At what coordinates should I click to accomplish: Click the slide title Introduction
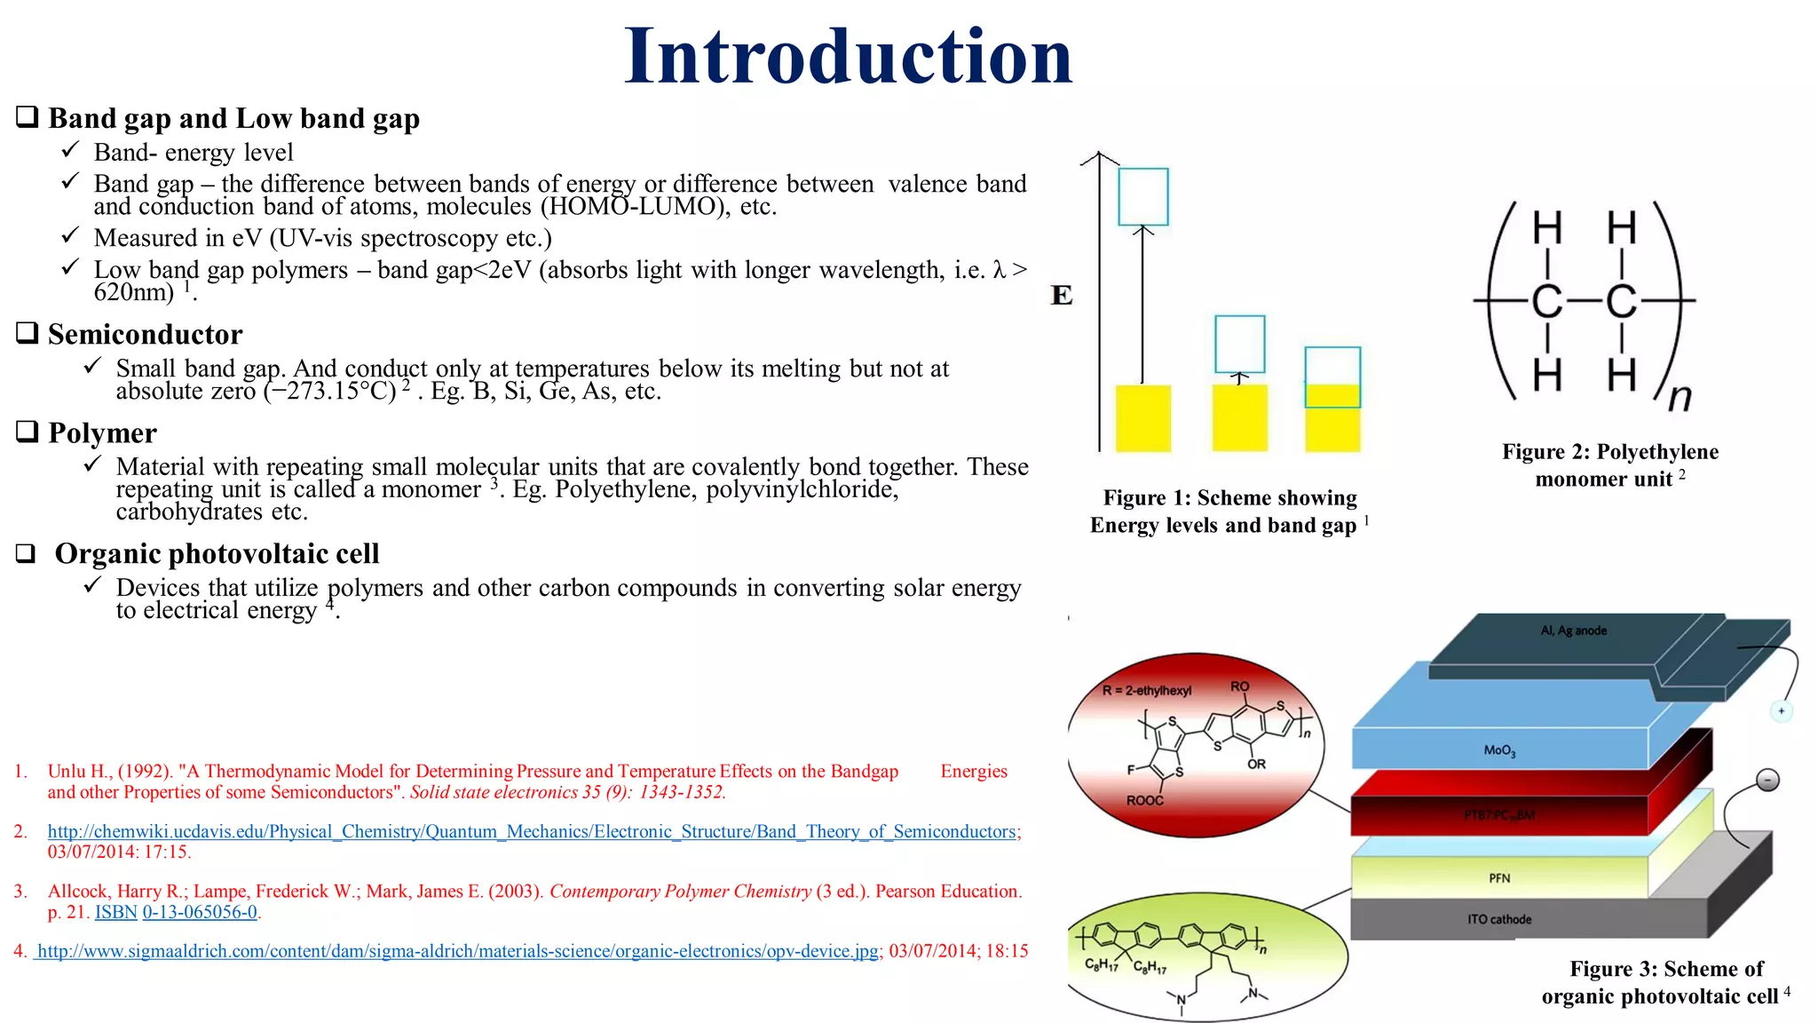[x=848, y=57]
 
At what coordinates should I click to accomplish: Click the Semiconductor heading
[x=145, y=335]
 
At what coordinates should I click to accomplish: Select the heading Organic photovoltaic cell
[x=217, y=554]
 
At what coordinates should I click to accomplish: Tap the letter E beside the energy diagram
[x=1061, y=295]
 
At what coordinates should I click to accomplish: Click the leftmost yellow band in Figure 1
[x=1142, y=418]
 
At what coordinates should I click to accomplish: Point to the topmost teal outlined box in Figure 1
[x=1142, y=196]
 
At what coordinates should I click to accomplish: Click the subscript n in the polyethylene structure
[x=1679, y=397]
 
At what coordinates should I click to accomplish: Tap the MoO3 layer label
[x=1499, y=750]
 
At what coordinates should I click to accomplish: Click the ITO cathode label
[x=1498, y=919]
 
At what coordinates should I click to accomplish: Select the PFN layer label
[x=1499, y=878]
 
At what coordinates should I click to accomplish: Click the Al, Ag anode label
[x=1573, y=630]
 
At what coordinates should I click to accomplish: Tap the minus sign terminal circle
[x=1767, y=781]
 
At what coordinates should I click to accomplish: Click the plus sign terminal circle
[x=1781, y=710]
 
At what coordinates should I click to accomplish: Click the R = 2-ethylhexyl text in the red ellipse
[x=1146, y=690]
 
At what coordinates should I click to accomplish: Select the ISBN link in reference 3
[x=115, y=912]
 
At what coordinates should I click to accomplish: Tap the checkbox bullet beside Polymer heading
[x=28, y=432]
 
